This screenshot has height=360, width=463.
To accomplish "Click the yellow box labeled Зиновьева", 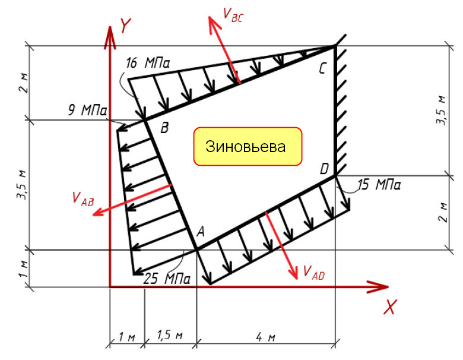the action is click(248, 146).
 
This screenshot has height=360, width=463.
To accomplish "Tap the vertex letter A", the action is click(201, 232).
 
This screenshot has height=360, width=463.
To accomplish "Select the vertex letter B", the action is click(164, 128).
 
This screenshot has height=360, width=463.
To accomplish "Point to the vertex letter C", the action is click(322, 68).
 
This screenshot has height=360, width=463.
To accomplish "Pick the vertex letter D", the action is click(324, 169).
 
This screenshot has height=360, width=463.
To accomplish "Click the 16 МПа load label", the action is click(148, 63).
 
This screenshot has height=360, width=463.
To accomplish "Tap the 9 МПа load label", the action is click(88, 110).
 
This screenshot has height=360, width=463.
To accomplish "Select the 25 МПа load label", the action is click(167, 279).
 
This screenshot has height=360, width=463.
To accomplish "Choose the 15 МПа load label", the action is click(379, 185).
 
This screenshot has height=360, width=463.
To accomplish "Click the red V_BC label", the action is click(233, 15).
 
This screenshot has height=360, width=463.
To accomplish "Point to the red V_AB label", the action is click(83, 198).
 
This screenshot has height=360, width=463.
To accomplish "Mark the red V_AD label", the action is click(314, 273).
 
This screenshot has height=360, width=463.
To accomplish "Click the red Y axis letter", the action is click(125, 26).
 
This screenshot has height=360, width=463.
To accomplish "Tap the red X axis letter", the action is click(390, 307).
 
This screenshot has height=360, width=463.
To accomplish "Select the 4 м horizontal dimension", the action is click(266, 337).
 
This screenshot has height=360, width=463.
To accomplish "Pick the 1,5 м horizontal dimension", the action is click(170, 336).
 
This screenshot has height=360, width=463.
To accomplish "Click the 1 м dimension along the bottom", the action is click(126, 337).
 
